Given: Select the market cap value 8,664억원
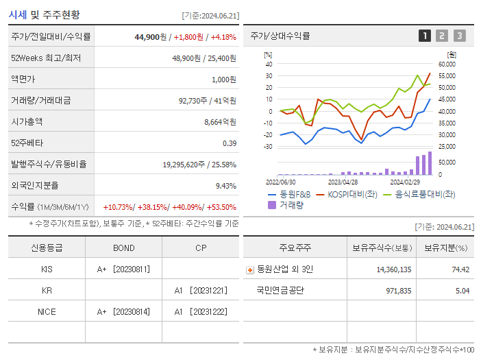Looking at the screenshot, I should click(220, 121).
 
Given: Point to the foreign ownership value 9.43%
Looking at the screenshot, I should click(225, 185).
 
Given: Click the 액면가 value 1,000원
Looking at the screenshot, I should click(223, 79).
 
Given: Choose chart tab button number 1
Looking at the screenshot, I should click(425, 36).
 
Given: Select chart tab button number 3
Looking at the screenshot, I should click(459, 36).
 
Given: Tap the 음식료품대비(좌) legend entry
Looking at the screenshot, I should click(424, 195).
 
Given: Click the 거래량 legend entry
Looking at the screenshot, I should click(290, 204).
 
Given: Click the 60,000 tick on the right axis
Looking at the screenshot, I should click(446, 64).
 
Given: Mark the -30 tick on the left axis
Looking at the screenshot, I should click(269, 147).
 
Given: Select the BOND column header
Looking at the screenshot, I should click(123, 248).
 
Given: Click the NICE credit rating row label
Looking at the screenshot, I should click(47, 311).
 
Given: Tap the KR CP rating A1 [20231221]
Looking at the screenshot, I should click(200, 290).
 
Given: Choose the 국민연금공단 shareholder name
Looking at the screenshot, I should click(280, 290).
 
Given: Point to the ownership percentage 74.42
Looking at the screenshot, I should click(460, 269).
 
